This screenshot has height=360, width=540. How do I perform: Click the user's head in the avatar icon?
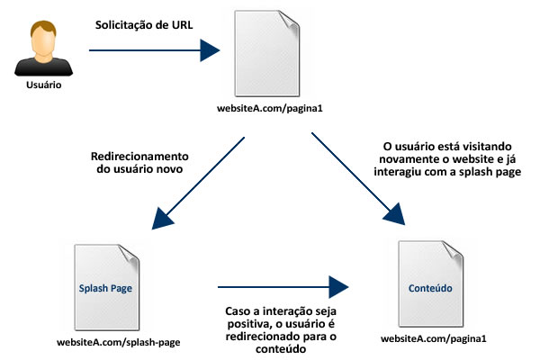click(x=39, y=39)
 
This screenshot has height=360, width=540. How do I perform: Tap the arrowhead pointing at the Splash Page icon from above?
click(x=166, y=219)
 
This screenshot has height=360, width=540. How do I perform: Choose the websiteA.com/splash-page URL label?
click(x=112, y=343)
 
